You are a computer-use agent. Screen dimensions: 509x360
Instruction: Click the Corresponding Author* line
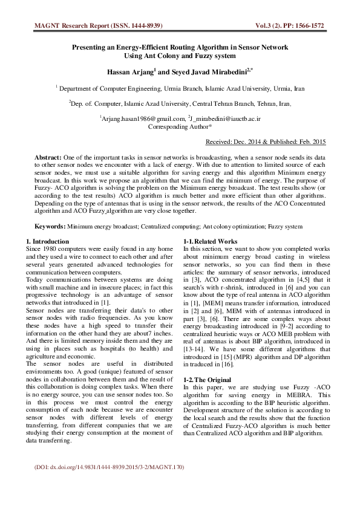pyautogui.click(x=180, y=127)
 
